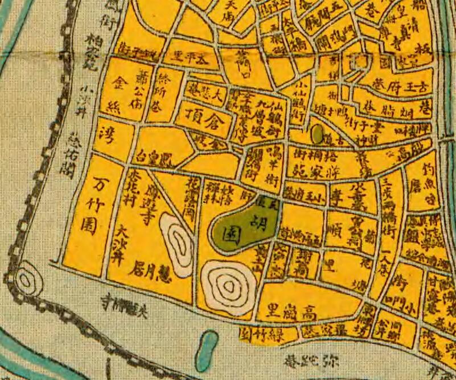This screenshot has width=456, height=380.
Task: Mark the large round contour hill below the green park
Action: (x=229, y=285)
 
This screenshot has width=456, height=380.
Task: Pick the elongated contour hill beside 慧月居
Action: (x=178, y=243)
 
